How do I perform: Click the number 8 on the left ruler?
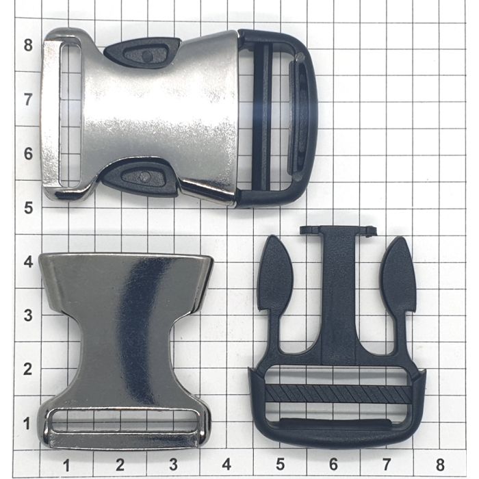[x=28, y=45]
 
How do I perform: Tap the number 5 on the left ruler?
[x=29, y=208]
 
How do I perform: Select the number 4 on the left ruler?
[x=29, y=262]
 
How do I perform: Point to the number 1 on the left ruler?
[x=27, y=424]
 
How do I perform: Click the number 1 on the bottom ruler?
[x=66, y=465]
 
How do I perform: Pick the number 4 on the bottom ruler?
[x=226, y=465]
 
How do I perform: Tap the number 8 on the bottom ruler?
[x=440, y=465]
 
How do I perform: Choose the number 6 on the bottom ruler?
[x=333, y=465]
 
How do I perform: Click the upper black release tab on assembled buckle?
[x=142, y=53]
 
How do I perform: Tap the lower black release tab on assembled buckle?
[x=139, y=177]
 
